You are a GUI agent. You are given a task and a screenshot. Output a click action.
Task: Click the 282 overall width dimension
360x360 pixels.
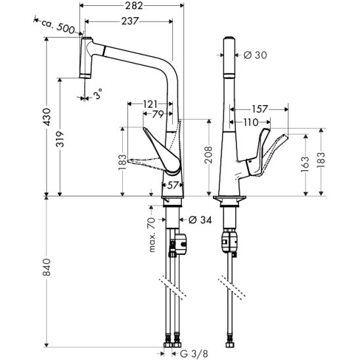[134, 6]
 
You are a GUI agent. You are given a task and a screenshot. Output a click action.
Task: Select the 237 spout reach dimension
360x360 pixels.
[130, 22]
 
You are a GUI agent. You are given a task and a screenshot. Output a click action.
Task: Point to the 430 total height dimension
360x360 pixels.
[47, 117]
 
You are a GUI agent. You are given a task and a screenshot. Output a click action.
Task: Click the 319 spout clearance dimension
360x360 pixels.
[60, 139]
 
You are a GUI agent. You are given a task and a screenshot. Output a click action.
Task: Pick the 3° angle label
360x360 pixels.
[98, 94]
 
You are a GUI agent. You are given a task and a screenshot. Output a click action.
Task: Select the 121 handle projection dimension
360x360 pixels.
[150, 104]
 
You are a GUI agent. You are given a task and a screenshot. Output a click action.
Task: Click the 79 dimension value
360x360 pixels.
[158, 114]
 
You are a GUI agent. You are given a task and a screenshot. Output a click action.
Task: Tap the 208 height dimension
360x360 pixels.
[209, 154]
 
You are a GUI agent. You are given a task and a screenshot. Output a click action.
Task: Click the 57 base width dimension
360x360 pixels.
[173, 185]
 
